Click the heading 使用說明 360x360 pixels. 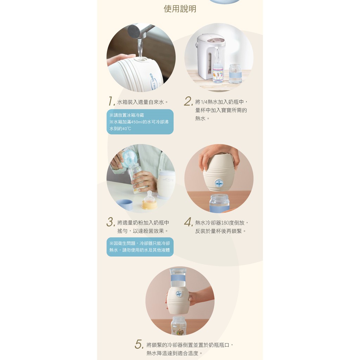coord(180,9)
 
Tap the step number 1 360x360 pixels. coord(111,101)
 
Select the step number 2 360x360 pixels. coord(188,101)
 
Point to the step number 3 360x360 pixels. coord(111,222)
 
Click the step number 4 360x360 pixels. coord(188,222)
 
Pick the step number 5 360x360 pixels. coord(139,344)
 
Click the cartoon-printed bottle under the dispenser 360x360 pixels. coord(218,73)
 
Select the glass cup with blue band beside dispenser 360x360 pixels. coord(235,74)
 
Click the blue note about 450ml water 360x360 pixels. coord(140,122)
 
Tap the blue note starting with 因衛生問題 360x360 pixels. coord(140,246)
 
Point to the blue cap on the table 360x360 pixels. coord(124,205)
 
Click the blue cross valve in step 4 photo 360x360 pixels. coord(219,183)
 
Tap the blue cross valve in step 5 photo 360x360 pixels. coord(179,294)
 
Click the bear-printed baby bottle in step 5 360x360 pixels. coord(179,326)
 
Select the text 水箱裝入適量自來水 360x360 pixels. coord(141,102)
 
